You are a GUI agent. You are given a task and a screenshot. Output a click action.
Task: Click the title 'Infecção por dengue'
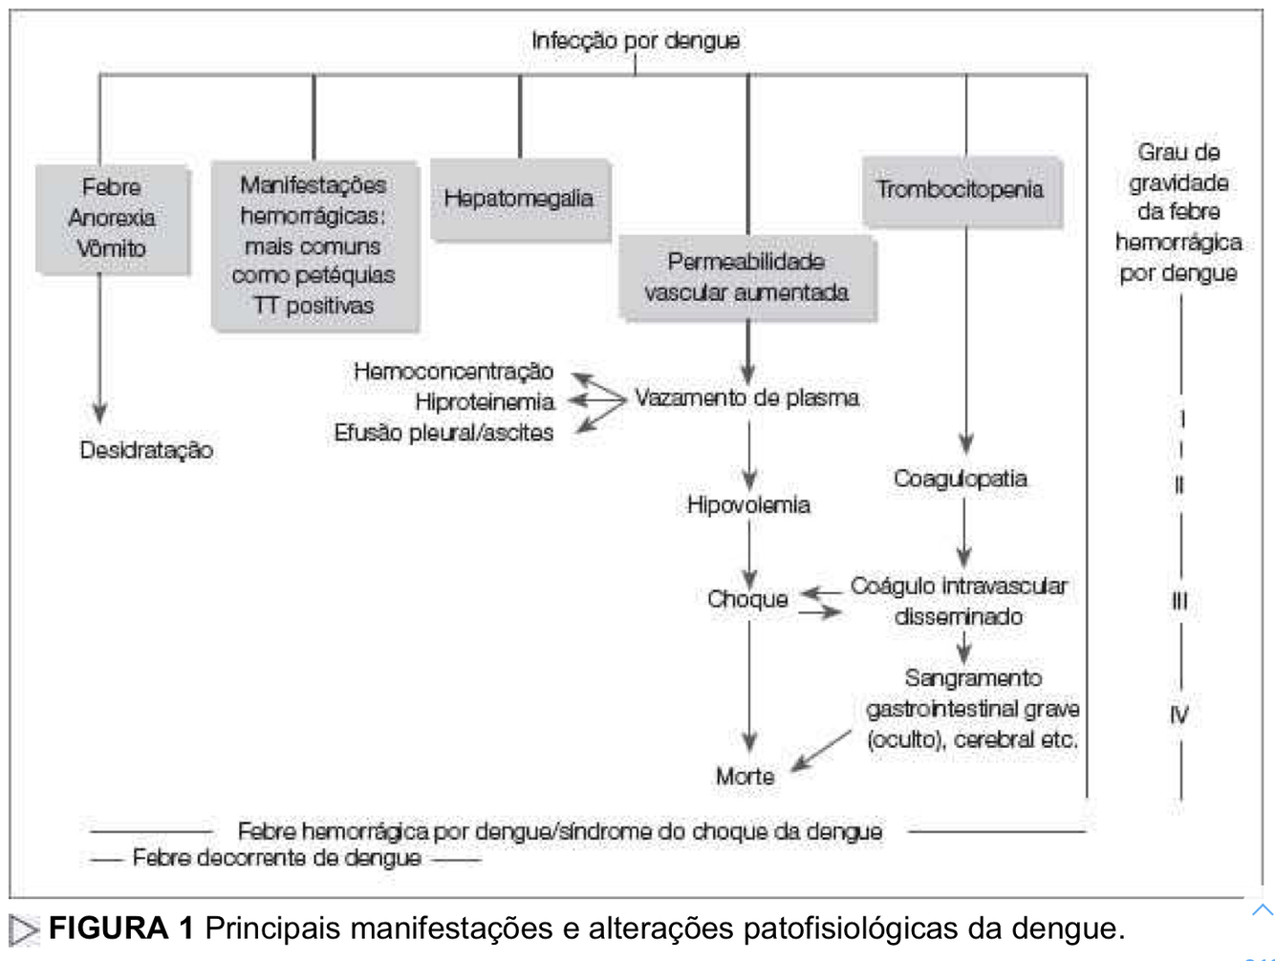click(635, 40)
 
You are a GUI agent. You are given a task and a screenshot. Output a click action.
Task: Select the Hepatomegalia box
click(519, 199)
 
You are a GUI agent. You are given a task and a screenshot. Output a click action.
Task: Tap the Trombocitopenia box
click(961, 190)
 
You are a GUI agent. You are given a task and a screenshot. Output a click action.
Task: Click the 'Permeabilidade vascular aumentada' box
click(746, 277)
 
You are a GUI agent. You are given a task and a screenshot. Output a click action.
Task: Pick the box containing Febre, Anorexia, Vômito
click(112, 218)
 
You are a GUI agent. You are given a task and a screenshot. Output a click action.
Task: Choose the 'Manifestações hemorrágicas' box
click(313, 246)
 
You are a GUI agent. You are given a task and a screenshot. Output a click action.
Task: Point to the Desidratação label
click(146, 450)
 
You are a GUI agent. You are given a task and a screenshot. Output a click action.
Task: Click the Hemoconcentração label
click(453, 371)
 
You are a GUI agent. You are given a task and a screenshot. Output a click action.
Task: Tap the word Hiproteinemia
click(485, 401)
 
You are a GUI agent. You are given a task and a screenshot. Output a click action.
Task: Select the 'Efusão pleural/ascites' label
click(443, 433)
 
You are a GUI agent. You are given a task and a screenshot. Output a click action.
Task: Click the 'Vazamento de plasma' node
click(746, 397)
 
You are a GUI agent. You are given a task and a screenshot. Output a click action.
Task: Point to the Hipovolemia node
click(748, 504)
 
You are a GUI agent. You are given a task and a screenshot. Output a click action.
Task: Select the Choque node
click(747, 599)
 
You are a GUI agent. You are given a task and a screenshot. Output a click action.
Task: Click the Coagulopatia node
click(961, 479)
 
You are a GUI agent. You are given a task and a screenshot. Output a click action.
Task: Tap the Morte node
click(745, 776)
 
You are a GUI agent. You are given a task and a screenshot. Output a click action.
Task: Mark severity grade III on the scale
click(1179, 601)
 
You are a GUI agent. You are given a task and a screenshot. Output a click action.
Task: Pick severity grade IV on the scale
click(1179, 714)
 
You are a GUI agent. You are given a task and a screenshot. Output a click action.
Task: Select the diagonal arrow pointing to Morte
click(820, 750)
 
